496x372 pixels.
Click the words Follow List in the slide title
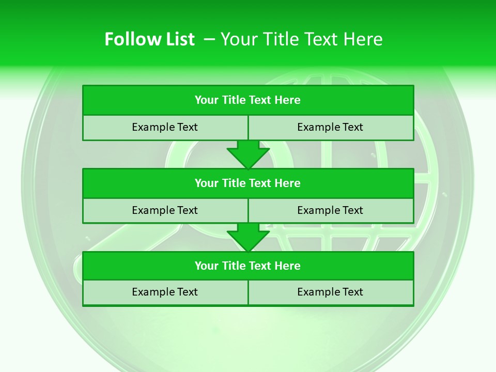point(149,39)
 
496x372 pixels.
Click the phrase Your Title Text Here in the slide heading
point(302,39)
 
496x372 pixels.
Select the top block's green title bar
point(248,100)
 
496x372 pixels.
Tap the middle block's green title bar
point(248,183)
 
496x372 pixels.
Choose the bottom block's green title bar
point(248,266)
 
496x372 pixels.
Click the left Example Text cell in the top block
point(165,127)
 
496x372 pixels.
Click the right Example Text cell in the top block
point(330,127)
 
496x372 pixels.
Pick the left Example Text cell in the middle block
point(165,210)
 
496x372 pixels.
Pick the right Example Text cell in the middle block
point(330,210)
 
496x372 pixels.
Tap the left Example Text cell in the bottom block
point(165,292)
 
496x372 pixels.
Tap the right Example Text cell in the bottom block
point(330,292)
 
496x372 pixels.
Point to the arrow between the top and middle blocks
point(248,154)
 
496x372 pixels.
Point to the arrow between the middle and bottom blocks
point(248,237)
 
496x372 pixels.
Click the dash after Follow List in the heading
point(209,39)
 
